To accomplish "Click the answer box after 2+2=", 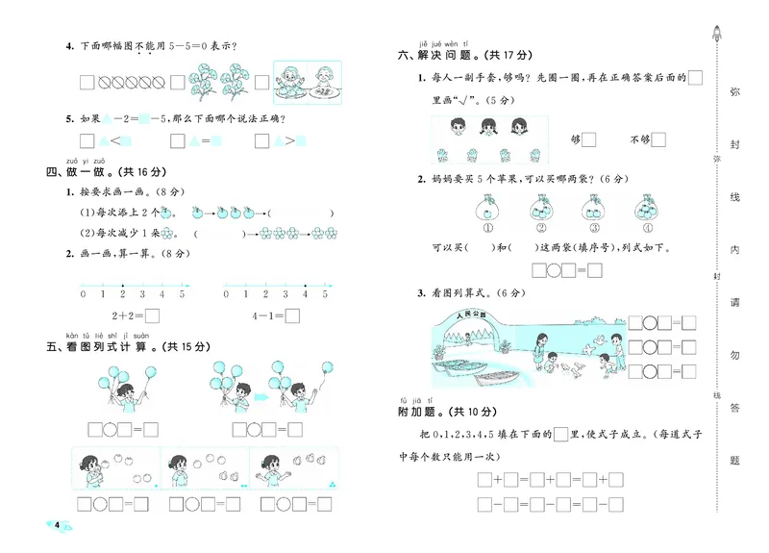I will (152, 314).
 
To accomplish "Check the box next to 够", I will (590, 139).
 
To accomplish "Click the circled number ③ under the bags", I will (591, 229).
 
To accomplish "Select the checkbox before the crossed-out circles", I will (87, 82).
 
